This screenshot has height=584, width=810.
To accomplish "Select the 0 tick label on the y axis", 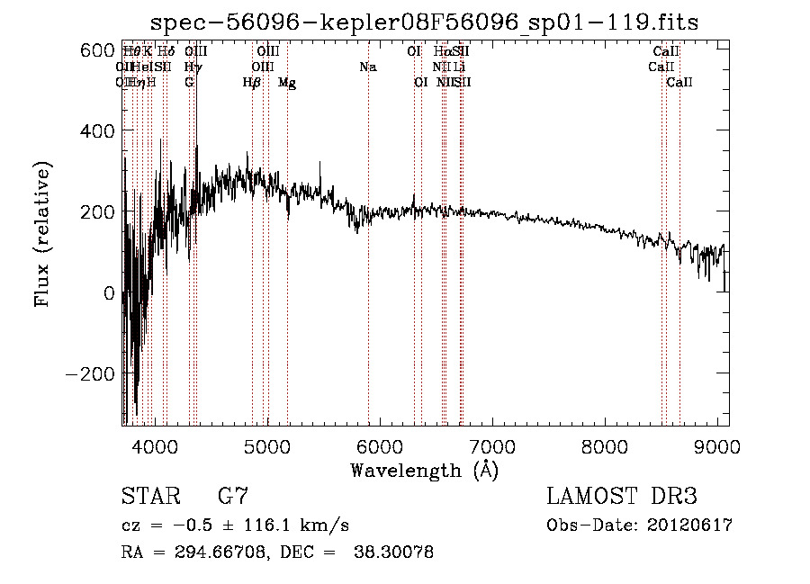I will click(x=108, y=292).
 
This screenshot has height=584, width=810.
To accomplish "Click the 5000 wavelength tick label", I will click(x=266, y=447).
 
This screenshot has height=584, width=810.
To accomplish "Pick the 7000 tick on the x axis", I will click(x=492, y=447).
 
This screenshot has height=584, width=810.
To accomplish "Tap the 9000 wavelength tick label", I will click(x=717, y=447).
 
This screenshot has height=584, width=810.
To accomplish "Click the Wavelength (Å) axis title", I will click(x=423, y=470).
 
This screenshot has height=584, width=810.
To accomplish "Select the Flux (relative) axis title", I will click(x=43, y=234).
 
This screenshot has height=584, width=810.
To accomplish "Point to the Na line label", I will click(x=367, y=67).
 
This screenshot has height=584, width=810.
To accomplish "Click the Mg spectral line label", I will click(x=287, y=83).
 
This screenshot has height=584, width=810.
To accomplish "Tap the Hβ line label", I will click(x=252, y=83).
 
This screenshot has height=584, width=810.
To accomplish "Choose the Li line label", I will click(x=459, y=67).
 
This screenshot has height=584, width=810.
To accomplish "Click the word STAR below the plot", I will click(x=148, y=496).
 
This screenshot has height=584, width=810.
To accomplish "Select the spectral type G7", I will click(x=233, y=496).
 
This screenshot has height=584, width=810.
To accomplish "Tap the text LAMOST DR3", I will click(x=622, y=496).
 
